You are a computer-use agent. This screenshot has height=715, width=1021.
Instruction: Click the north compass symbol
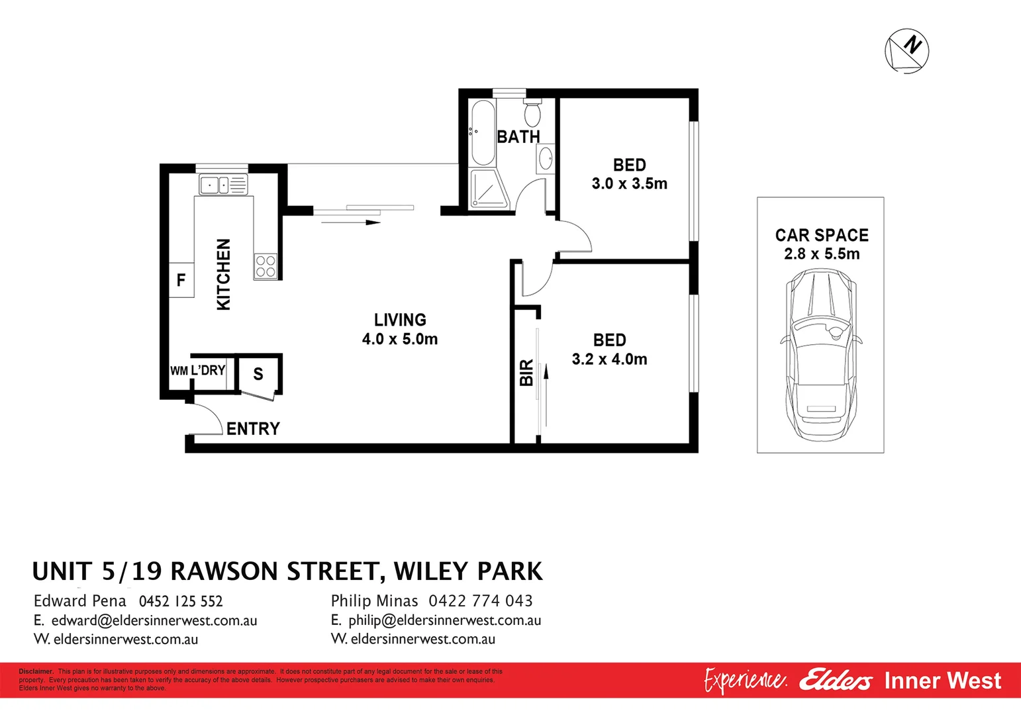point(906,50)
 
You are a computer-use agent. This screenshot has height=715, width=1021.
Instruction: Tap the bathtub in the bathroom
point(481,133)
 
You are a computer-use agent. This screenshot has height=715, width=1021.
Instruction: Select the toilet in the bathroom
point(532,113)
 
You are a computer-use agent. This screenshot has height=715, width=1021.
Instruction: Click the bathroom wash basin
point(546,159)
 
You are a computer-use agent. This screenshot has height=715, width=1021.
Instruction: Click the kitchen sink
point(222,185)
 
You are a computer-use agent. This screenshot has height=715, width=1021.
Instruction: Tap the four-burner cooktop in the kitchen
point(266,267)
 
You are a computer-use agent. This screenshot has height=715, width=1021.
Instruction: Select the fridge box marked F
point(181,281)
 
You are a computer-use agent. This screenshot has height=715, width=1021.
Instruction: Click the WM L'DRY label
point(198,371)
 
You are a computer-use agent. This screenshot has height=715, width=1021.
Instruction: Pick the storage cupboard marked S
point(258,374)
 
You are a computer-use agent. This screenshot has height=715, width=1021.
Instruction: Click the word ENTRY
point(253,429)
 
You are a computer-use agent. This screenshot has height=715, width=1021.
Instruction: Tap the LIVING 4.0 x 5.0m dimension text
point(399,339)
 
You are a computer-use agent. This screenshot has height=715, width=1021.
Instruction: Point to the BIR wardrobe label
point(526,372)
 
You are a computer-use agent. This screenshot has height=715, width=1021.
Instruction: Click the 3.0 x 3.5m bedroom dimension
point(629,183)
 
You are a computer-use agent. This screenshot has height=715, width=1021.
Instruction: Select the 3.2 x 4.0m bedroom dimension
point(609,359)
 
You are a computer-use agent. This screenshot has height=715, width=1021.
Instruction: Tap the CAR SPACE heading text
point(822,236)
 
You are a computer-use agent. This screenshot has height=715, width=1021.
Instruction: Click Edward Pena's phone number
point(181,601)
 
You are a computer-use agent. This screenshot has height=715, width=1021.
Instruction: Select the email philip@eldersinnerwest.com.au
point(444,620)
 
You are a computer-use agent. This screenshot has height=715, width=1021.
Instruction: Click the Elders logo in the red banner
point(836,680)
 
